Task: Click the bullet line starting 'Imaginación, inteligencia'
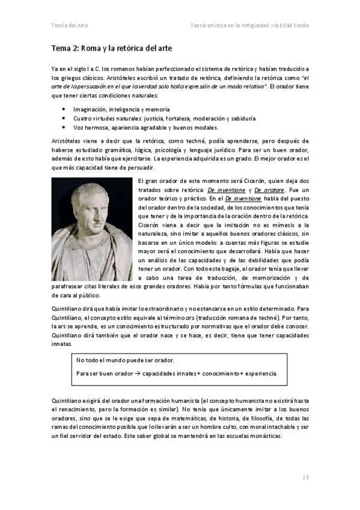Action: [x=121, y=109]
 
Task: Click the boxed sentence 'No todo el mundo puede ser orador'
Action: [x=125, y=360]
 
